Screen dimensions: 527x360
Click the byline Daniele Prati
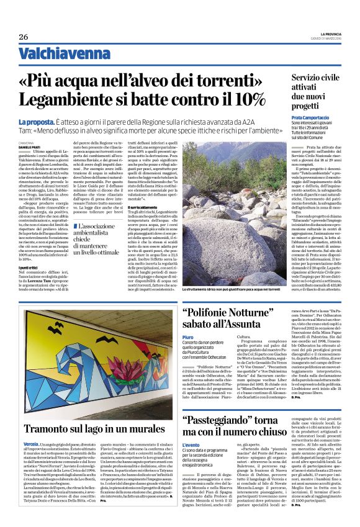coord(32,146)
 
